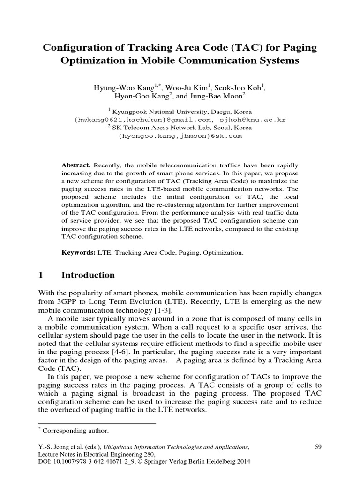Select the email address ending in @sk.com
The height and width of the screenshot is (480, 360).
[180, 135]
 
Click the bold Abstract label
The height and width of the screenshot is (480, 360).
[76, 165]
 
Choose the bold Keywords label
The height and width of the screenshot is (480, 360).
[79, 252]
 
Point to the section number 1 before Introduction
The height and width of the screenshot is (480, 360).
[40, 275]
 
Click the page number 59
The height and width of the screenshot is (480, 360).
[317, 447]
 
